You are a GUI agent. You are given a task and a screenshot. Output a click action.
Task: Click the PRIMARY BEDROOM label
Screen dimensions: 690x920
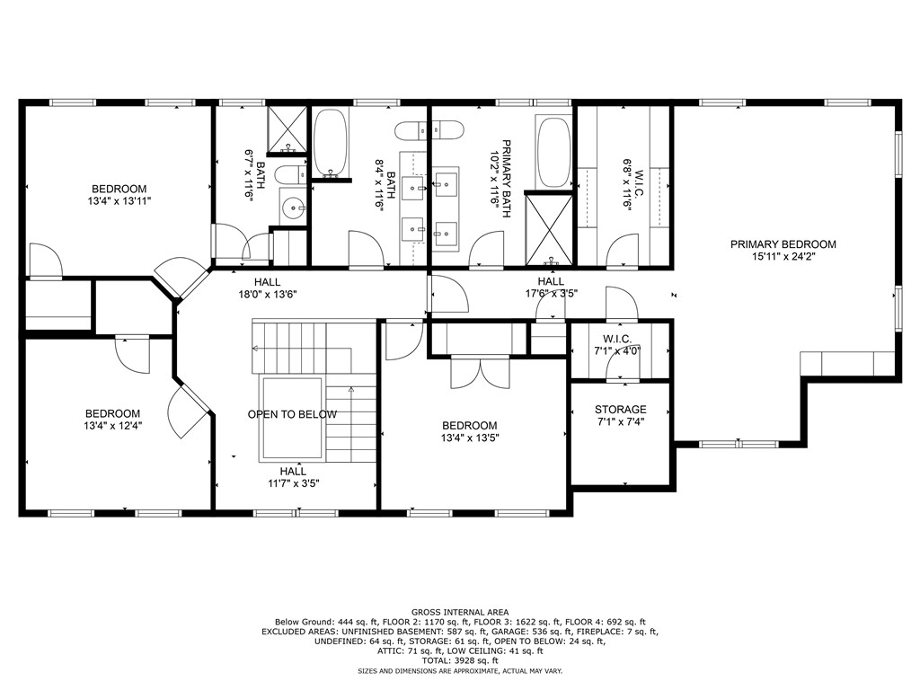point(783,244)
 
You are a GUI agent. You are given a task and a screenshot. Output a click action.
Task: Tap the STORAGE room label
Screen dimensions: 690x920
point(620,410)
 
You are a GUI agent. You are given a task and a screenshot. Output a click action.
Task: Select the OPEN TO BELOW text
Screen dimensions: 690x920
point(292,414)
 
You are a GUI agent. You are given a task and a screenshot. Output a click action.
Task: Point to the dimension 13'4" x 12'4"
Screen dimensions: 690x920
point(113,426)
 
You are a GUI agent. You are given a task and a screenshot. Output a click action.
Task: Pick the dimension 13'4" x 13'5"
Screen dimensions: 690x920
point(469,438)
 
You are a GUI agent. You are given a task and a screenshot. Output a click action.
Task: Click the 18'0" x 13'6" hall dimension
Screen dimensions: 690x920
point(267,294)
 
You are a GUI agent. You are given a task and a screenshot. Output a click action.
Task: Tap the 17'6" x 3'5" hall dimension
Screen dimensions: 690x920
point(551,293)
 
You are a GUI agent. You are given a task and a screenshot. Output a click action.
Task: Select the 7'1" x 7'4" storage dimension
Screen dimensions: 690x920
point(620,421)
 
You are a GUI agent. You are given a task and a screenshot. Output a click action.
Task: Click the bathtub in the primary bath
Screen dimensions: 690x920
point(553,150)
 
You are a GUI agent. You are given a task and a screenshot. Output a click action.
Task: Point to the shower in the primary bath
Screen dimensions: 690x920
point(549,226)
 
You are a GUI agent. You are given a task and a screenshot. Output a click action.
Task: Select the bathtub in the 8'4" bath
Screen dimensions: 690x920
point(331,143)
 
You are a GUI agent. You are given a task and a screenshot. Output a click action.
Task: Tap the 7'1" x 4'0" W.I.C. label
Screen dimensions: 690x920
point(617,345)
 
